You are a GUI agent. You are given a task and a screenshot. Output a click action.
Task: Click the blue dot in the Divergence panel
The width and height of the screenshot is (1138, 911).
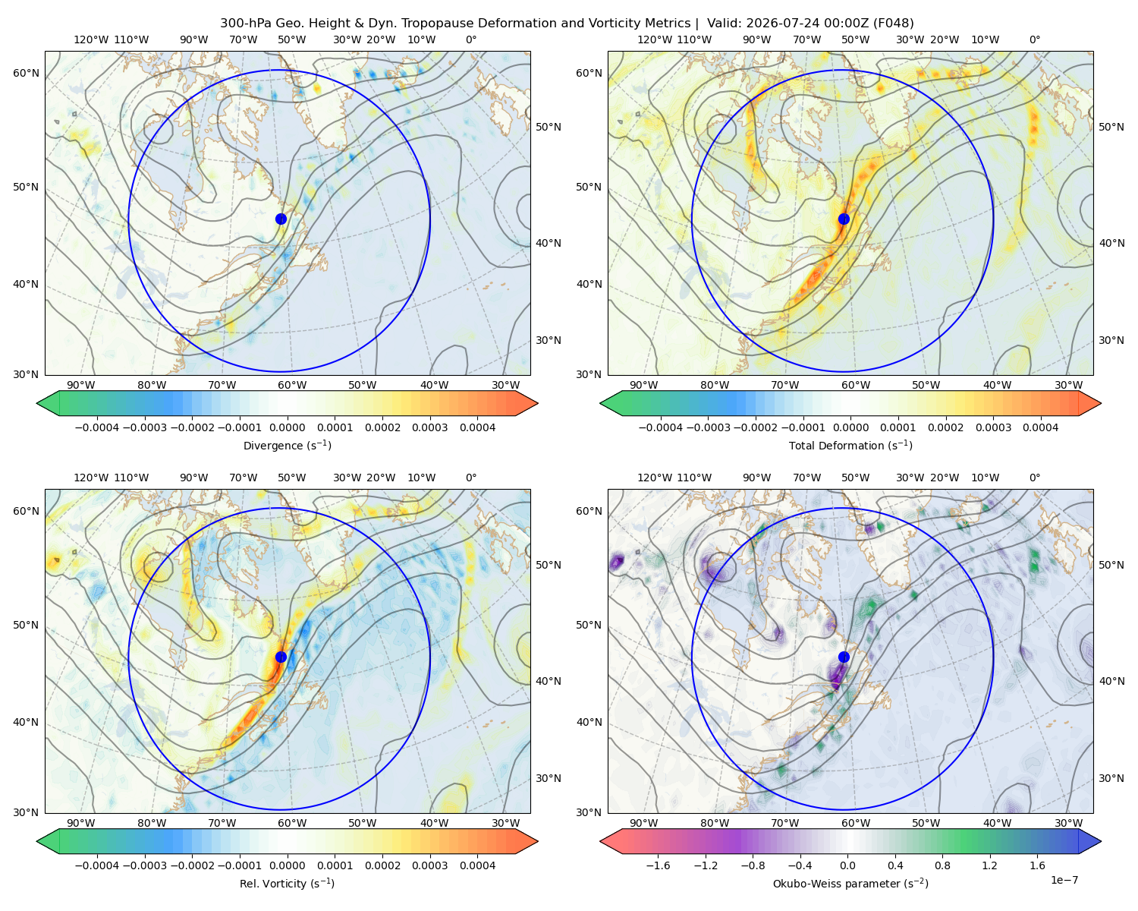(x=281, y=219)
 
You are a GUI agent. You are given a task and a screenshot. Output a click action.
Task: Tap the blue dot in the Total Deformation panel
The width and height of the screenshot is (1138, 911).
(x=844, y=219)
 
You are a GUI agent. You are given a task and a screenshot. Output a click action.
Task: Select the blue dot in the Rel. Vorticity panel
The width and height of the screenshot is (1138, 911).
(x=281, y=657)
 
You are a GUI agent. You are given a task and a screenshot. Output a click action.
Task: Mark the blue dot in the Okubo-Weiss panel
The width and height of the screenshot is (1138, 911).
(x=844, y=657)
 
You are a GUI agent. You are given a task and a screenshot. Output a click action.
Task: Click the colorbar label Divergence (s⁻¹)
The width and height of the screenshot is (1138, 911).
(x=287, y=445)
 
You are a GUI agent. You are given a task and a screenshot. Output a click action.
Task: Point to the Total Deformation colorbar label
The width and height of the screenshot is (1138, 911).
(x=850, y=445)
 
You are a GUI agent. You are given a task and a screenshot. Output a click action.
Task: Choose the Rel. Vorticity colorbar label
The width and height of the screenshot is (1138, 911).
(x=287, y=883)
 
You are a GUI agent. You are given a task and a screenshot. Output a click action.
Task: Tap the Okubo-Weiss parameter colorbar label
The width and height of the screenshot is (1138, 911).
(x=850, y=883)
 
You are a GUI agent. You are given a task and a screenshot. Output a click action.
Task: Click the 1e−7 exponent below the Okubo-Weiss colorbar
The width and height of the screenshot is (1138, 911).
(x=1064, y=880)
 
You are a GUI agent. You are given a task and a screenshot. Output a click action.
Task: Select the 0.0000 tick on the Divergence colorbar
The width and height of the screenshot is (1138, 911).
(x=287, y=427)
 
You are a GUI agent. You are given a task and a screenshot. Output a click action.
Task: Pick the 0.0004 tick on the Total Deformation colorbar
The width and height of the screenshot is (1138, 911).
(x=1040, y=427)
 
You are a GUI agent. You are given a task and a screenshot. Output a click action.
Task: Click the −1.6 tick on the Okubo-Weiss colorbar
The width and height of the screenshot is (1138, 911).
(x=658, y=865)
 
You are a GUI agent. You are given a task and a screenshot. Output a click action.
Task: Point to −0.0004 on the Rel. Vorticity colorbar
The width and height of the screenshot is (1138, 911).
(x=97, y=865)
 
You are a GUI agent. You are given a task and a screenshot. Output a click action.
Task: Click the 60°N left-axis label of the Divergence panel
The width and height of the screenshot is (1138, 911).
(x=26, y=73)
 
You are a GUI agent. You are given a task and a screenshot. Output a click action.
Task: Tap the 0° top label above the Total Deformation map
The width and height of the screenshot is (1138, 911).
(x=1034, y=39)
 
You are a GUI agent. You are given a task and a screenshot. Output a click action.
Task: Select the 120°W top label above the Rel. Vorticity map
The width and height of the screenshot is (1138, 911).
(x=91, y=478)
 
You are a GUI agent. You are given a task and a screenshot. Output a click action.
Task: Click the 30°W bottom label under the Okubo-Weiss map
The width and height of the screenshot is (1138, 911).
(x=1068, y=823)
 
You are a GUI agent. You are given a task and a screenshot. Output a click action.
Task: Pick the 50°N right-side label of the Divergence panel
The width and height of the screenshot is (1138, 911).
(x=549, y=127)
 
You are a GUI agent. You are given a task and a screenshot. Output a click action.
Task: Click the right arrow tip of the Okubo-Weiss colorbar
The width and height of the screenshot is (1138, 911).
(x=1101, y=841)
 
